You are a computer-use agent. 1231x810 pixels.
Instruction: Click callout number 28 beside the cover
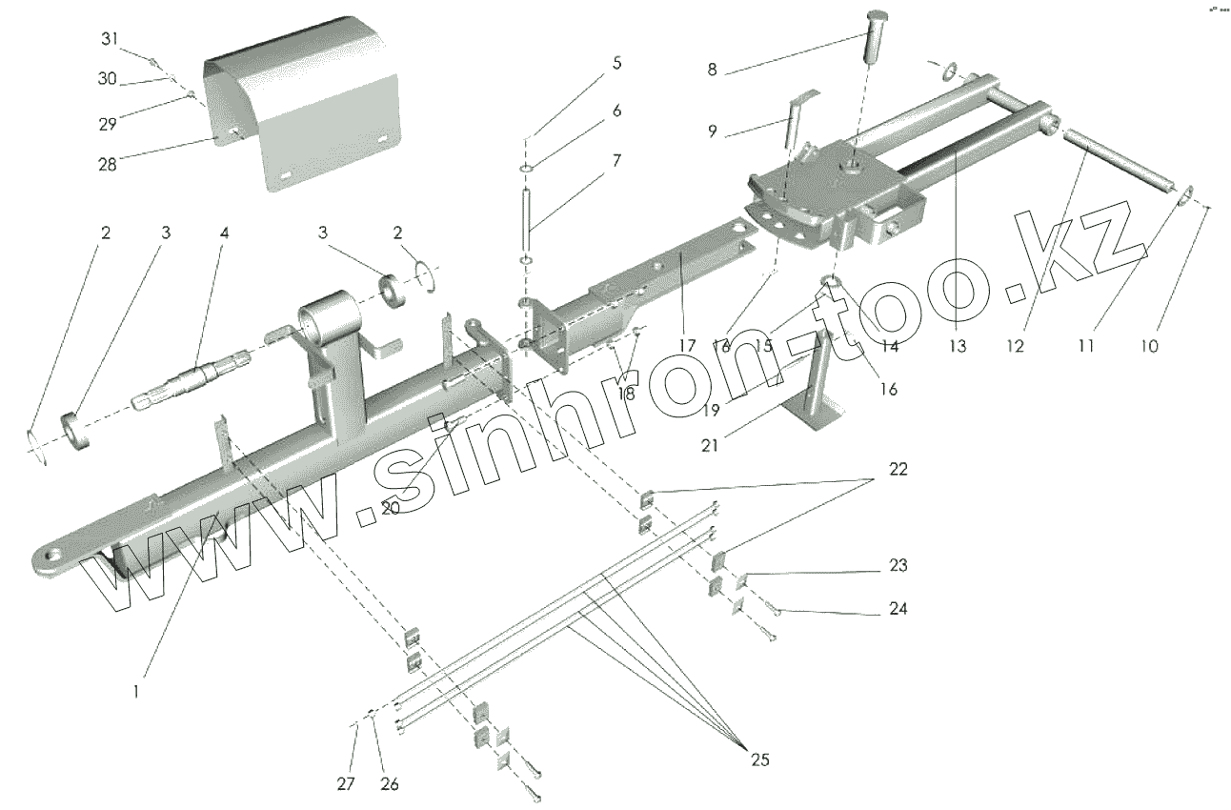point(107,164)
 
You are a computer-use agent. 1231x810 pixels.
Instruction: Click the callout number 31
point(111,39)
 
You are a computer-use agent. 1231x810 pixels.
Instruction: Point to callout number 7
point(616,161)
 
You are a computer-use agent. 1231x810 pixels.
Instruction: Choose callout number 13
point(958,346)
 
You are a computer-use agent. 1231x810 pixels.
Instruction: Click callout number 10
point(1149,346)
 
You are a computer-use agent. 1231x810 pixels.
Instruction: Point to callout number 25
point(759,759)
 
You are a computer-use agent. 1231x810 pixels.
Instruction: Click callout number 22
point(898,470)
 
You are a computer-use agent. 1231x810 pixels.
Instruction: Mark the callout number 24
point(898,608)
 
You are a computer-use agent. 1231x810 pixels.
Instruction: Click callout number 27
point(346,783)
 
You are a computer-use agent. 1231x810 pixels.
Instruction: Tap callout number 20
point(390,509)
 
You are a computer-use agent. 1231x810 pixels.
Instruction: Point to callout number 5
point(616,64)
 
